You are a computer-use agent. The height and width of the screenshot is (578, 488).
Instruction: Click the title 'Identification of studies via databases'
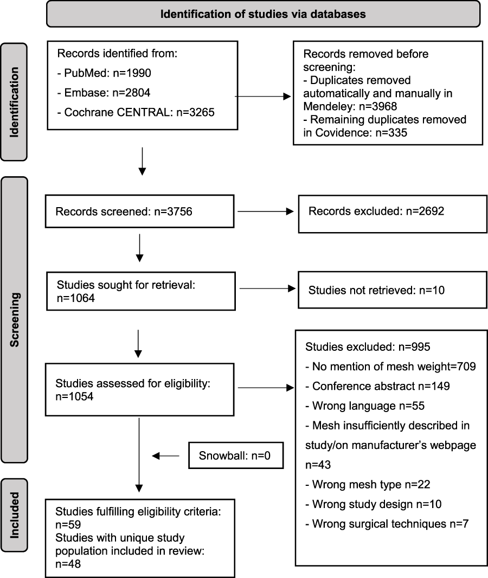click(x=263, y=14)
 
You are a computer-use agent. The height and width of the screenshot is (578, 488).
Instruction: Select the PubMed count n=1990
click(x=132, y=73)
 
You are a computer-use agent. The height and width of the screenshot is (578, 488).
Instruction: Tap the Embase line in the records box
click(x=104, y=93)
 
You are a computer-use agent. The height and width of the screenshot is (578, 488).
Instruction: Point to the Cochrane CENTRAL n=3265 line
click(x=136, y=112)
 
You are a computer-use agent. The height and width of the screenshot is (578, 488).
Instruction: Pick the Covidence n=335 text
click(x=355, y=133)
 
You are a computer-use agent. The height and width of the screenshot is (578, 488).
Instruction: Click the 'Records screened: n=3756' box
click(x=140, y=211)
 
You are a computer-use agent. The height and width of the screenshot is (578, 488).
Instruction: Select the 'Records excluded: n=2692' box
click(x=393, y=214)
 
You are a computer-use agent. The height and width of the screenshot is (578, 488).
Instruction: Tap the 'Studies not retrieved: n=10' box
click(x=393, y=290)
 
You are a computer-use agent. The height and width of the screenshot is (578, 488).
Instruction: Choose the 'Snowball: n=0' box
click(x=236, y=455)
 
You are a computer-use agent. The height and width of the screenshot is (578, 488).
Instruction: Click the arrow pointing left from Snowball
click(x=165, y=456)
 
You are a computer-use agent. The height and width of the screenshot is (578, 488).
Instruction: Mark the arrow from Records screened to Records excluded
click(x=266, y=211)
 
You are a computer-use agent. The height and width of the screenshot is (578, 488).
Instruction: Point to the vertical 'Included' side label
click(x=15, y=515)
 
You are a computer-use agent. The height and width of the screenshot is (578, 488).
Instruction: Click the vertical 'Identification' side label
click(x=14, y=102)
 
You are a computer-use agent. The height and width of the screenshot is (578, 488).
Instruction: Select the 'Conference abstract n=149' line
click(x=377, y=386)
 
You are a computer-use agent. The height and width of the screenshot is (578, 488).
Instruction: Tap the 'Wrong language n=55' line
click(x=365, y=406)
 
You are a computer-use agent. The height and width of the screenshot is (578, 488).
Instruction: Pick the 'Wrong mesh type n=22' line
click(x=368, y=484)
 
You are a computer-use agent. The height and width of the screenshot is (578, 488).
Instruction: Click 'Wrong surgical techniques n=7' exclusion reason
click(x=387, y=524)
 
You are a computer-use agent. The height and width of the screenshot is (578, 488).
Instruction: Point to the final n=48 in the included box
click(x=68, y=564)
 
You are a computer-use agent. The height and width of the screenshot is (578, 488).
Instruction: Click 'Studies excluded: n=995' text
click(x=368, y=347)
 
